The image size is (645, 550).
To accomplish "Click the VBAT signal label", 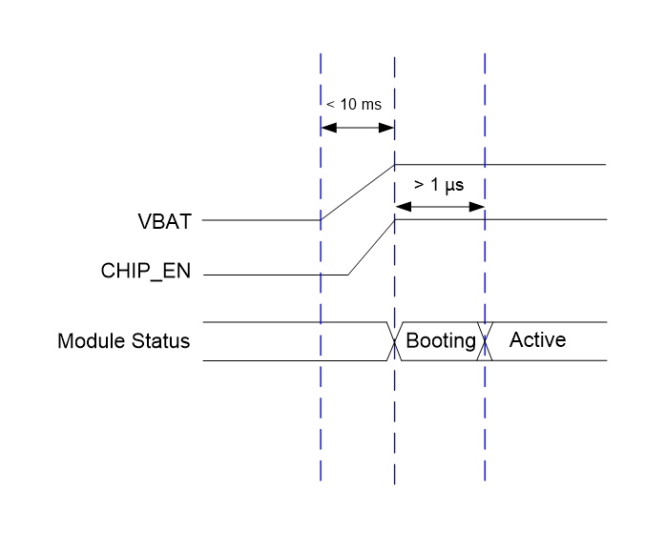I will point(164,221).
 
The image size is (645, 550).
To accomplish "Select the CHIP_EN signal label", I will point(146,271).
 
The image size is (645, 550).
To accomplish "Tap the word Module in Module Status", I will point(89,341).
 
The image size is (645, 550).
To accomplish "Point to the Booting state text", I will point(441,341).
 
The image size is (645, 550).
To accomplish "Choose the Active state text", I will point(537,340).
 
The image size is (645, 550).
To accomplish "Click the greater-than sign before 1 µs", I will point(418,185).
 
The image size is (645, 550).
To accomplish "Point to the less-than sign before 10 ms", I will point(330,104).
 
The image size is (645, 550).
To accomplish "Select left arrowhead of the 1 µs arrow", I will point(401,206).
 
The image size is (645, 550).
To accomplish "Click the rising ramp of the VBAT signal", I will point(358,192).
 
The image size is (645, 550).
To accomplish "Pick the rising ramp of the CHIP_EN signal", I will point(371,247).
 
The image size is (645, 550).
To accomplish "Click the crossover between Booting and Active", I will point(486,341).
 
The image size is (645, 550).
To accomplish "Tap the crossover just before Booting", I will point(394,341).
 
